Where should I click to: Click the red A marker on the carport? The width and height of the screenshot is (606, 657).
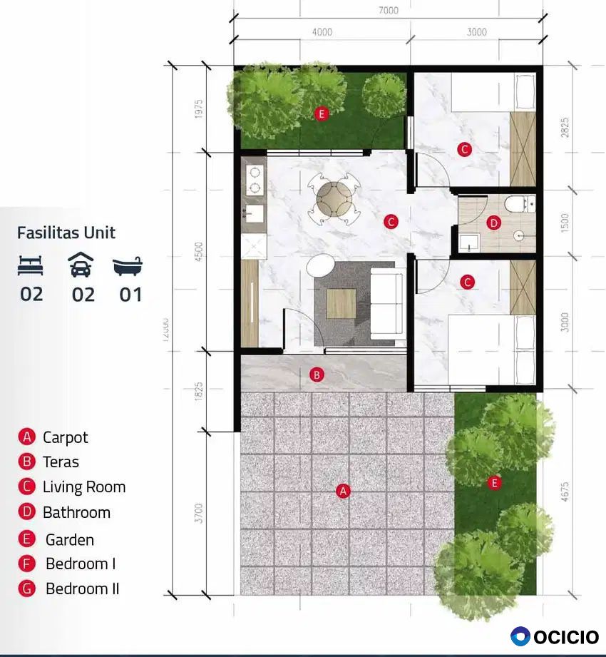click(x=343, y=491)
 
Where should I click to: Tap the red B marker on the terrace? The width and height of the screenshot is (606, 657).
click(x=317, y=375)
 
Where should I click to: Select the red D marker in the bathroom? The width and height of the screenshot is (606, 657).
click(x=494, y=223)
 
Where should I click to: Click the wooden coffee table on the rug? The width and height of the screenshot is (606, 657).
click(x=341, y=304)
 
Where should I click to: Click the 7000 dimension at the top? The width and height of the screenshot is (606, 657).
click(x=389, y=11)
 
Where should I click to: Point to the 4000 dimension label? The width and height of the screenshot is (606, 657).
click(x=322, y=32)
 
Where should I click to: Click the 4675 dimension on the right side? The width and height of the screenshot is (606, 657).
click(x=565, y=492)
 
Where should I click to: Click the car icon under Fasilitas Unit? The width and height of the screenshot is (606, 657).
click(x=81, y=265)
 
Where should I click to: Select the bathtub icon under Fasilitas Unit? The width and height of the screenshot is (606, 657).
click(x=128, y=265)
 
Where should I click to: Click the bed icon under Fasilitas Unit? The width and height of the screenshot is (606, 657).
click(x=31, y=265)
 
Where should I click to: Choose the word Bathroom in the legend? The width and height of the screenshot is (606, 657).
click(x=76, y=512)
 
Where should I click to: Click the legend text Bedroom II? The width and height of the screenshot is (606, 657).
click(x=83, y=589)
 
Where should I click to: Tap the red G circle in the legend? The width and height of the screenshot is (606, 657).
click(x=27, y=589)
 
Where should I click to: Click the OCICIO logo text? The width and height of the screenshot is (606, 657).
click(x=566, y=637)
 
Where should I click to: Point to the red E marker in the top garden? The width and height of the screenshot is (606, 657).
click(x=322, y=113)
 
